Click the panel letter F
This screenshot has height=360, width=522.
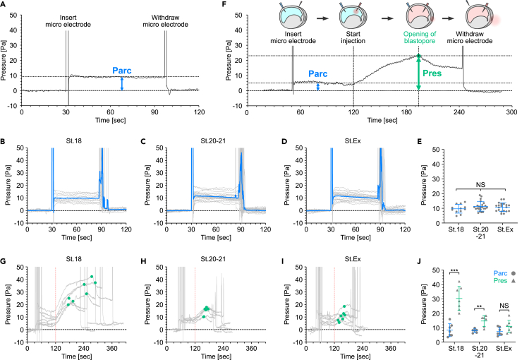pyautogui.click(x=224, y=6)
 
